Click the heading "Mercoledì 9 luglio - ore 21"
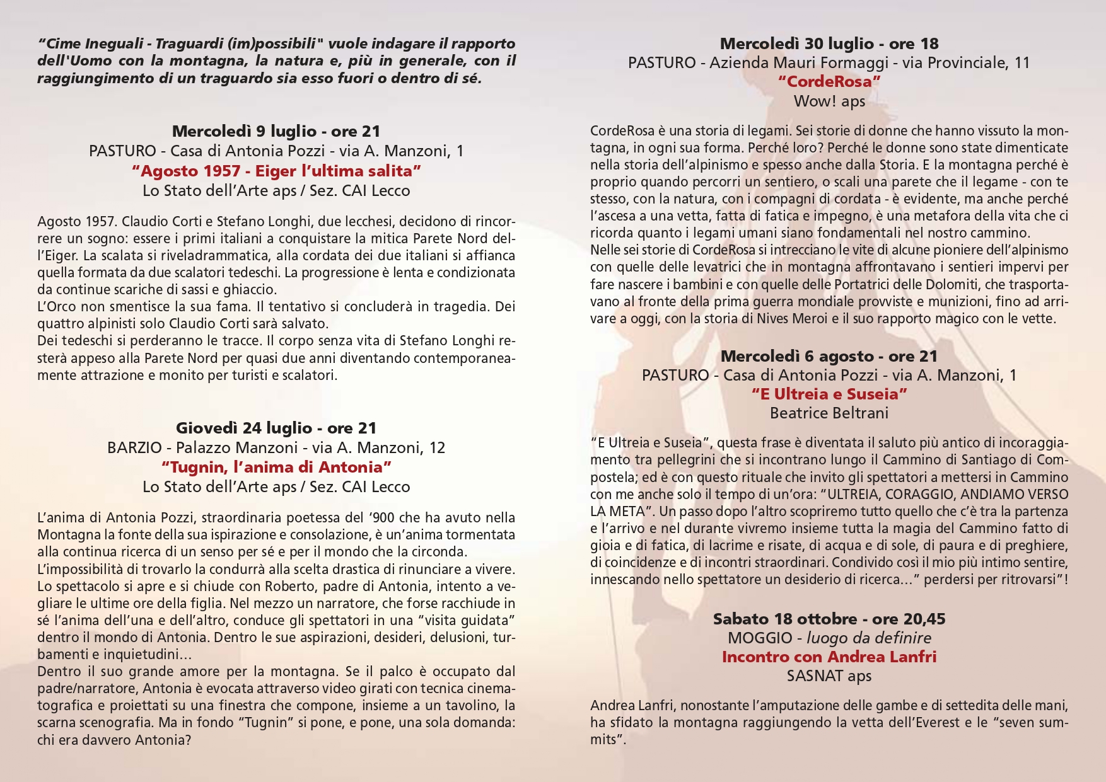tap(276, 131)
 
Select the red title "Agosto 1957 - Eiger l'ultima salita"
tap(276, 171)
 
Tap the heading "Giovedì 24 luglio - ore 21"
tap(276, 428)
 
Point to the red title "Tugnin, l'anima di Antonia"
tap(276, 467)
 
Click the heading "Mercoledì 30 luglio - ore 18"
tap(829, 43)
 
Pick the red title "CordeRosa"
tap(829, 81)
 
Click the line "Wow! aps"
tap(829, 101)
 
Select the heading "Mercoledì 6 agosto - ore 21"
tap(829, 356)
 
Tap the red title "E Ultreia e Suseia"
tap(829, 394)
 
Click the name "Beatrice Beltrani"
tap(829, 413)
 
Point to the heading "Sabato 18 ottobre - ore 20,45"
tap(829, 619)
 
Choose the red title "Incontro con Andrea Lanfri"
tap(829, 657)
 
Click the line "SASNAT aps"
tap(829, 676)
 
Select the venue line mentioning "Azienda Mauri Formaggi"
tap(829, 62)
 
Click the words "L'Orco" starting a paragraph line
tap(55, 307)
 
